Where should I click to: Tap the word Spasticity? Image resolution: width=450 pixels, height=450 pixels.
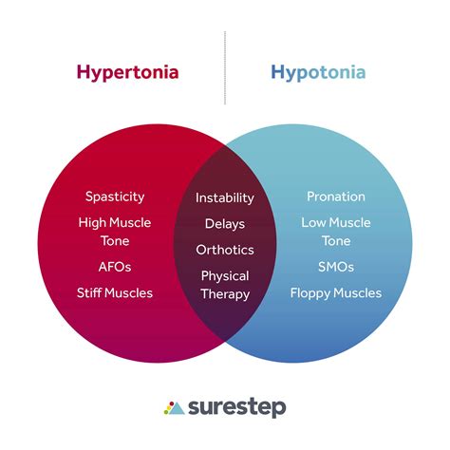[115, 197]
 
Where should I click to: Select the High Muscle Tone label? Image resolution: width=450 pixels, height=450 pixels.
[115, 232]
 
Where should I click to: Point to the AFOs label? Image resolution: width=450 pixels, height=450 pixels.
[115, 268]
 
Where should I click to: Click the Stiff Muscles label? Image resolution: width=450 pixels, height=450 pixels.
[115, 293]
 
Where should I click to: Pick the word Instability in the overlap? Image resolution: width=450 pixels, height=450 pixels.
[225, 198]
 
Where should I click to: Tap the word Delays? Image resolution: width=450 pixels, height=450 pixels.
[225, 224]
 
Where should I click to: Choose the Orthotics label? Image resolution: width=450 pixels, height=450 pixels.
[225, 250]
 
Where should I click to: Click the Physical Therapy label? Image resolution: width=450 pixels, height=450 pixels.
[225, 285]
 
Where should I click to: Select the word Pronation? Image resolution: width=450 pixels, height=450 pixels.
[336, 197]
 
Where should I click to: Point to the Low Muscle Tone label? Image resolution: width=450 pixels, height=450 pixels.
[336, 232]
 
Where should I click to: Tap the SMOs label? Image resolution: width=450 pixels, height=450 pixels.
[336, 268]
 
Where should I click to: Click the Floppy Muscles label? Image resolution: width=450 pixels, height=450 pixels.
[336, 293]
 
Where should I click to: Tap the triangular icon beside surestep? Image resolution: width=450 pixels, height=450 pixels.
[173, 408]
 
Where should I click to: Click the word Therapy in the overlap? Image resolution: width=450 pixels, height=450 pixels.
[225, 294]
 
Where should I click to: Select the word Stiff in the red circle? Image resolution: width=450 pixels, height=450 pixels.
[92, 293]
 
